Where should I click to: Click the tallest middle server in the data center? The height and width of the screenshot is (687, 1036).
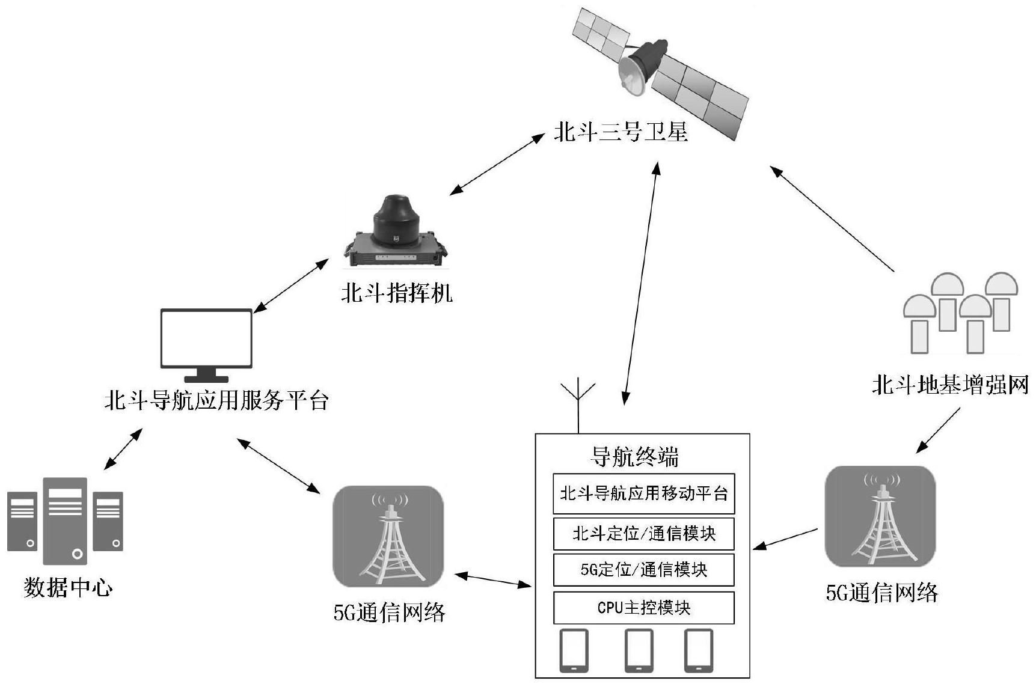tap(65, 521)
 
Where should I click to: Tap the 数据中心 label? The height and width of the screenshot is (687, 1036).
tap(68, 587)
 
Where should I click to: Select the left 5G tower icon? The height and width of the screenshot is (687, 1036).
tap(388, 537)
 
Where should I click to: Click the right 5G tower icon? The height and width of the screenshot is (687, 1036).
tap(880, 517)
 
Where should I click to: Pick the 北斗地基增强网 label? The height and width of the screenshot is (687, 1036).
tap(950, 385)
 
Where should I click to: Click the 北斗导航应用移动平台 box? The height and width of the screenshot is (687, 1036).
tap(643, 493)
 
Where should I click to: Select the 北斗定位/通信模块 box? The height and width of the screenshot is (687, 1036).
tap(643, 534)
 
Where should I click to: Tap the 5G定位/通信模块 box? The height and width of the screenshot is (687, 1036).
tap(643, 570)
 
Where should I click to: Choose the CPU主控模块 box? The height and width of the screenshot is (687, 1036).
tap(643, 608)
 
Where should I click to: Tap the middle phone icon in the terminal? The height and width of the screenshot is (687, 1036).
tap(639, 650)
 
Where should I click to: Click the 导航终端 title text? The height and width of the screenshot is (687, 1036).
tap(634, 457)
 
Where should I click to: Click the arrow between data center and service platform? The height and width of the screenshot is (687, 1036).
tap(123, 449)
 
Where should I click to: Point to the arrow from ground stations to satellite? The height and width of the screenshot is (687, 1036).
tap(833, 219)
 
